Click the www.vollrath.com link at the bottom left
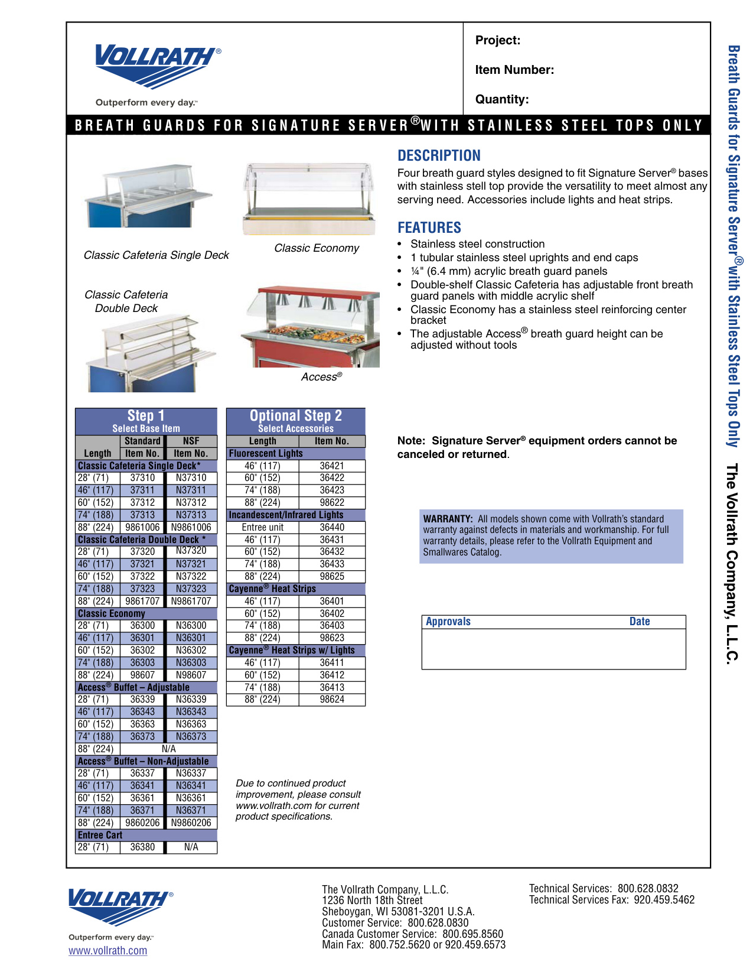107,950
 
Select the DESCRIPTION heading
439,155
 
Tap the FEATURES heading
429,227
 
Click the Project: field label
498,40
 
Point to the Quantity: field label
502,99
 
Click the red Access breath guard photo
311,327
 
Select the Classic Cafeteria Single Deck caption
156,255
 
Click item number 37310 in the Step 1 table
142,477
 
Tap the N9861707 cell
191,601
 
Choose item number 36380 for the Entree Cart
142,847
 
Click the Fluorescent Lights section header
266,453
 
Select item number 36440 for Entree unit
332,527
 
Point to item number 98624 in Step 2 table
332,699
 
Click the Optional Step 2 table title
295,416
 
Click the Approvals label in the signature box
448,621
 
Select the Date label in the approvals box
639,621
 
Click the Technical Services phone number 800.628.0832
648,888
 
